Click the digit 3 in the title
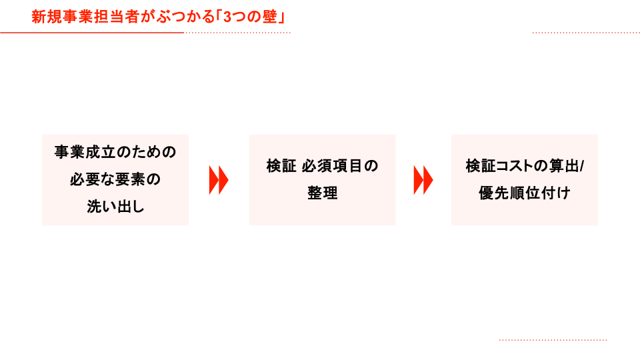tap(228, 17)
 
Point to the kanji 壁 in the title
tap(271, 17)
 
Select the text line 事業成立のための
tap(115, 152)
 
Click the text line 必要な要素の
tap(115, 180)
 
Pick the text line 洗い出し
tap(115, 207)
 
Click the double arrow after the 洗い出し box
tap(219, 180)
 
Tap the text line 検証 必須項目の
tap(322, 166)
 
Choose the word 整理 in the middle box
tap(322, 193)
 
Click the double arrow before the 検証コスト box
tap(423, 180)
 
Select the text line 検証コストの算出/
tap(524, 166)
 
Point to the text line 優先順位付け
tap(524, 193)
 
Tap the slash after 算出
tap(581, 166)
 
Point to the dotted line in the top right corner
tap(586, 32)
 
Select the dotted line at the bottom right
tap(553, 340)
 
